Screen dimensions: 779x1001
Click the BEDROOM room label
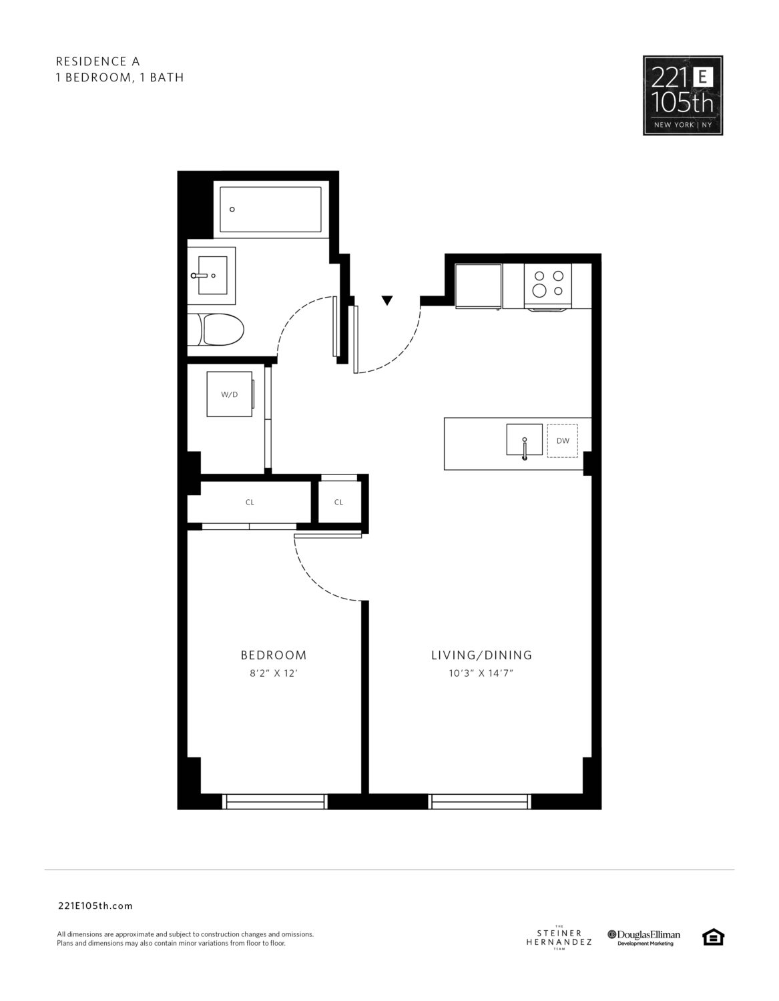tap(273, 655)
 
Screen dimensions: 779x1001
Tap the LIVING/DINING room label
tap(481, 655)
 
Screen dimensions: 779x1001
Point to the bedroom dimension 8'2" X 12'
tap(274, 673)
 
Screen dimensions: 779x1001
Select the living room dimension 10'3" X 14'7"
tap(481, 673)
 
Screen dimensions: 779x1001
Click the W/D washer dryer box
tap(230, 394)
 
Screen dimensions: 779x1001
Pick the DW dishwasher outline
tap(563, 441)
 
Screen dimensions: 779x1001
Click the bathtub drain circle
tap(232, 209)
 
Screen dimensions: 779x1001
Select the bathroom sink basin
tap(212, 276)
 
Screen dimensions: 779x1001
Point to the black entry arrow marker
tap(387, 300)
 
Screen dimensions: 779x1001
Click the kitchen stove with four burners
tap(548, 286)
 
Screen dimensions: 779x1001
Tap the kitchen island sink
tap(524, 440)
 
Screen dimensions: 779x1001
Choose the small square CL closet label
tap(338, 502)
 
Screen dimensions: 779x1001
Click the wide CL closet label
tap(250, 502)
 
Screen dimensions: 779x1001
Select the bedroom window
tap(275, 801)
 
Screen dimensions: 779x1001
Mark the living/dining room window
tap(479, 801)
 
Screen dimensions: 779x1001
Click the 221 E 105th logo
tap(683, 95)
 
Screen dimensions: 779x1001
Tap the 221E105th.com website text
tap(95, 906)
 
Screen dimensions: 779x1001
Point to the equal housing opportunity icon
tap(713, 937)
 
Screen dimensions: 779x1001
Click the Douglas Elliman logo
tap(643, 938)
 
